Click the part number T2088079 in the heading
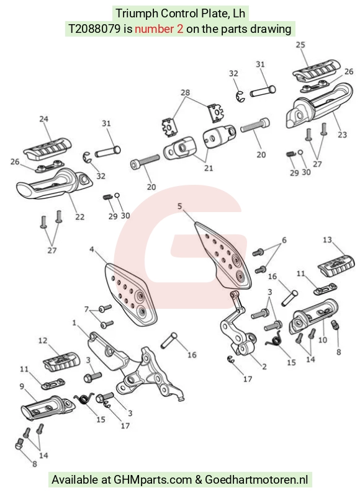[94, 29]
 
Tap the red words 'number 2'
[159, 29]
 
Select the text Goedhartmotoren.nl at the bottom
[256, 480]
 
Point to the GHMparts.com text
[153, 480]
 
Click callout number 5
[179, 207]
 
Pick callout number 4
[92, 249]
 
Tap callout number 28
[186, 92]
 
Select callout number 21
[209, 168]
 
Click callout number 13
[327, 240]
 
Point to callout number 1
[74, 323]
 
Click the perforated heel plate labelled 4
[131, 293]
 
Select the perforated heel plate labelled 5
[223, 255]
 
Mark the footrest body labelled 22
[54, 185]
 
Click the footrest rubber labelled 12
[61, 362]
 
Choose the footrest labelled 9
[48, 407]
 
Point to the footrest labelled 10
[314, 315]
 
